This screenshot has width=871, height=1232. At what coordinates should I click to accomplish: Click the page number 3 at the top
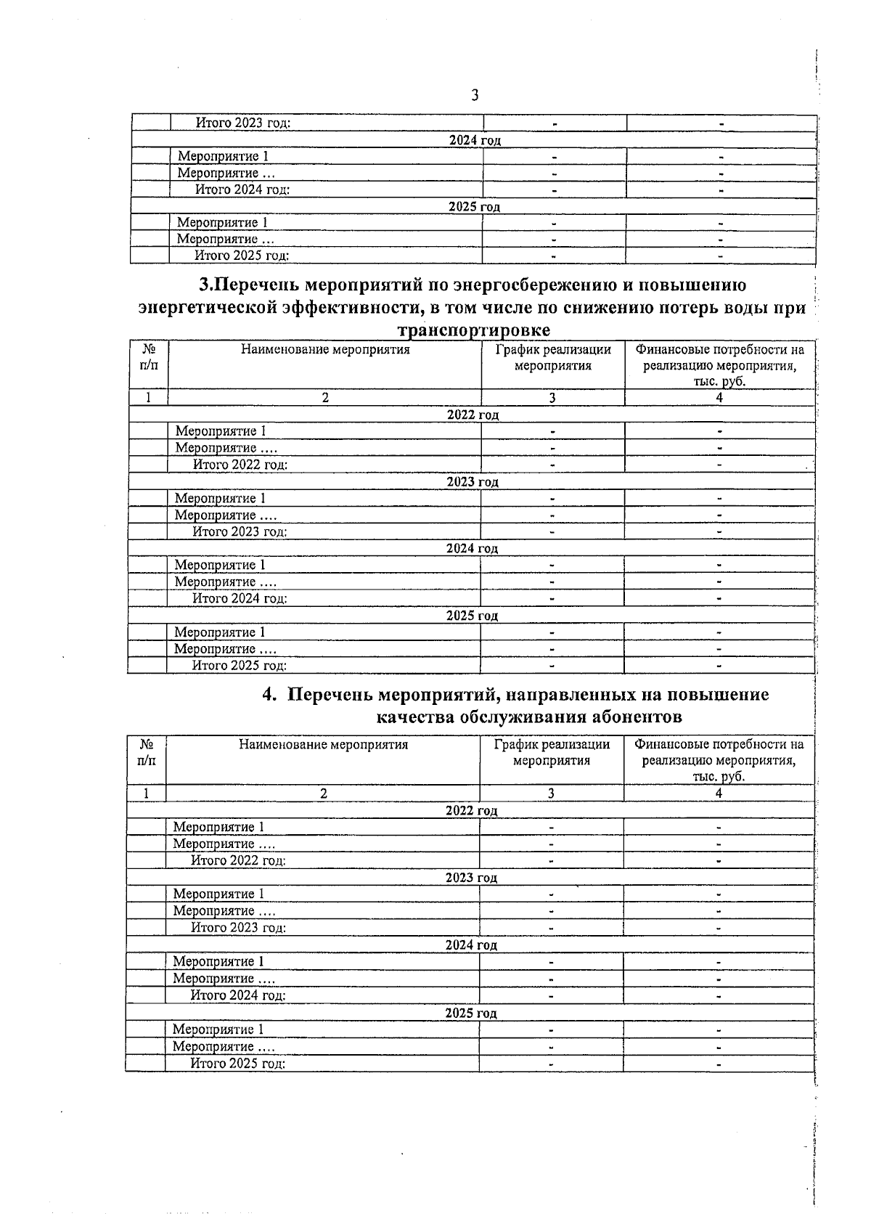coord(474,95)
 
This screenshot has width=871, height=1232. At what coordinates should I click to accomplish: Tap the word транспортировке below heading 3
coord(473,330)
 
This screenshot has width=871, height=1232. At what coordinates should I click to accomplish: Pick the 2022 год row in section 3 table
coord(473,415)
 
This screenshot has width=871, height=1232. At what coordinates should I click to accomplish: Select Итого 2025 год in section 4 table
coord(238,1064)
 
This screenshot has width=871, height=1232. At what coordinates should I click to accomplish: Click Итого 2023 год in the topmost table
coord(243,123)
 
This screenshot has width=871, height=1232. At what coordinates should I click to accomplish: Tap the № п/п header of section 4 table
coord(146,752)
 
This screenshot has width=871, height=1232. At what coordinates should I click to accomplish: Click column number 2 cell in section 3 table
coord(325,397)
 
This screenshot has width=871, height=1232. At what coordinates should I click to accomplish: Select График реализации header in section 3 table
coord(553,357)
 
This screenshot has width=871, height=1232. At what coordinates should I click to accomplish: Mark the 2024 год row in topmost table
coord(475,140)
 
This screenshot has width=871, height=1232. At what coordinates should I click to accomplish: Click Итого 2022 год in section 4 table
coord(238,861)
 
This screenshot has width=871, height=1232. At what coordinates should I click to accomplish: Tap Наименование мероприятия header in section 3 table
coord(325,350)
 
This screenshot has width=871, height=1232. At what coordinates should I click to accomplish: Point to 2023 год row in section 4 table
coord(471,878)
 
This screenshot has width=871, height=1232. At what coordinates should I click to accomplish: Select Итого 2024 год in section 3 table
coord(240,599)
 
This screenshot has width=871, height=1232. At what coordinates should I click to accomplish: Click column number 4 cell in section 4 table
coord(719,794)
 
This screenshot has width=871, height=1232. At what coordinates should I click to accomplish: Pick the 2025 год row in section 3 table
coord(472,616)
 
